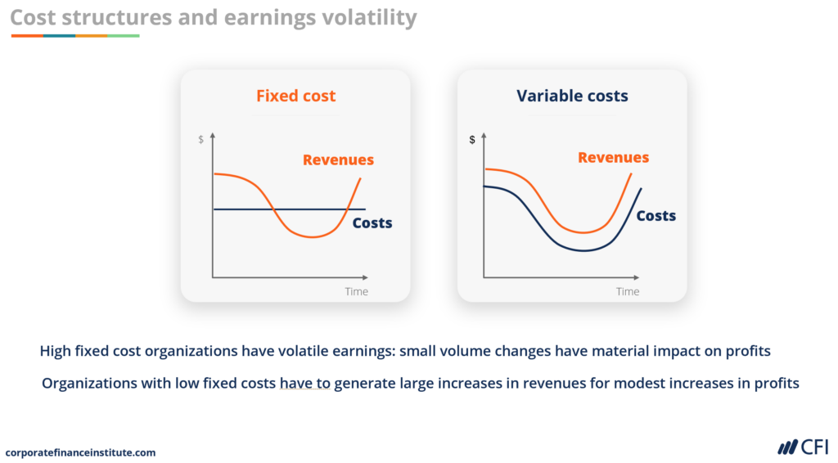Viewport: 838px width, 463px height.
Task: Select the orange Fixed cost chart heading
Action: click(x=295, y=96)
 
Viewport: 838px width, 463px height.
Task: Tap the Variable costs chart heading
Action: click(x=572, y=96)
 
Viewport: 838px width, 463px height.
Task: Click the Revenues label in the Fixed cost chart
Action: click(x=338, y=160)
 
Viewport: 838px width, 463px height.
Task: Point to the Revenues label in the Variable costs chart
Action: click(x=613, y=157)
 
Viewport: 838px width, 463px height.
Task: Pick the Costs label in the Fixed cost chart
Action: click(x=372, y=223)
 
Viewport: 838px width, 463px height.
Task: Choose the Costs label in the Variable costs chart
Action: click(x=656, y=215)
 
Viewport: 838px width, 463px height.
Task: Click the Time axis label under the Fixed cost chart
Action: click(x=356, y=291)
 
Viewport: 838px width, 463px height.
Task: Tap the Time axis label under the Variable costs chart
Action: click(x=628, y=291)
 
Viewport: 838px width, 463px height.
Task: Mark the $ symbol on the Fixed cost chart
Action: click(x=201, y=140)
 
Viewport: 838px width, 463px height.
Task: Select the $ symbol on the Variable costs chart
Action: click(x=472, y=140)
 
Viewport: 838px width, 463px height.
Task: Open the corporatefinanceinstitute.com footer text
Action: click(x=80, y=452)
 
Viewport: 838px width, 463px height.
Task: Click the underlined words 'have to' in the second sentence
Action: click(x=304, y=383)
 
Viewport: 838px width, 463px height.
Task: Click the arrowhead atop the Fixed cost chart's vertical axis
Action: click(x=213, y=135)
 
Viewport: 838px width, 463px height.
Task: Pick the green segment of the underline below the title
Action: click(x=123, y=36)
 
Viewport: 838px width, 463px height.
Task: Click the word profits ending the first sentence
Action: click(x=747, y=351)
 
